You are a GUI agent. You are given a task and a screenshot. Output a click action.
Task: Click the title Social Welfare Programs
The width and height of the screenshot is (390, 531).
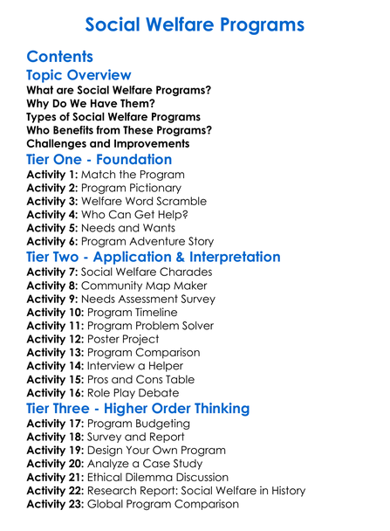195,24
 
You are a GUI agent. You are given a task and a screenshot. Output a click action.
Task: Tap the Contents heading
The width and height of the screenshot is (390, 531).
60,57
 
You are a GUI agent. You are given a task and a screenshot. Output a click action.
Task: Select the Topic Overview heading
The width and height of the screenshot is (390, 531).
79,75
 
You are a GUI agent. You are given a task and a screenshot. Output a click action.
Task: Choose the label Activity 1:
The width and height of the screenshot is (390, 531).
53,175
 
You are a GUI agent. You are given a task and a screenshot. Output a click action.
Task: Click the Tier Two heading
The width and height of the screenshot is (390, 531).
154,257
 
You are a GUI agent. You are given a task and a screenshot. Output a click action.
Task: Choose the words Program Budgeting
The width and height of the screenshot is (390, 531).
140,424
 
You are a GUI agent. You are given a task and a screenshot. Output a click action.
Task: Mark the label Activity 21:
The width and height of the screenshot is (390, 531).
57,477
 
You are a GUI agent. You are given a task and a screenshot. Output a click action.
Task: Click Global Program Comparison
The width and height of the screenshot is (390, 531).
177,504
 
